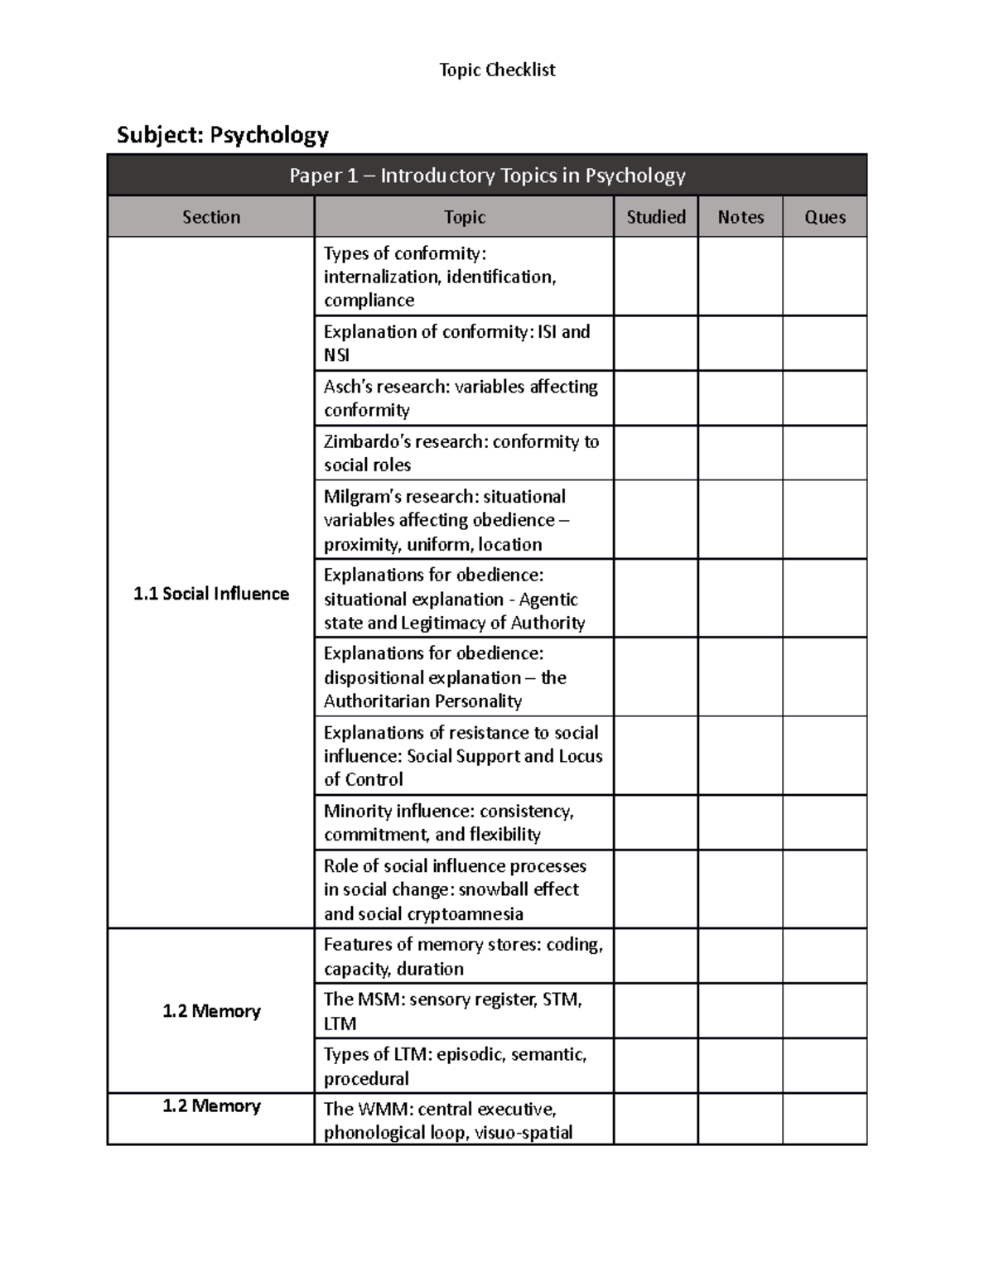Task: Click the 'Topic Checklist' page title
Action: [497, 70]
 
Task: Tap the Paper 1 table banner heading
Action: [487, 176]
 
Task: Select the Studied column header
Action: [655, 217]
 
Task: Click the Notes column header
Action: [741, 217]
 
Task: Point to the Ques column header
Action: [825, 217]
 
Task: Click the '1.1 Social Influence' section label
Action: [211, 594]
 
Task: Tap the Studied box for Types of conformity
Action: [655, 277]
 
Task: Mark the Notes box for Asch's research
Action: [741, 398]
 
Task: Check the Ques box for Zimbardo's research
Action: [825, 453]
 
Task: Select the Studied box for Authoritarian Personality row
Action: [655, 677]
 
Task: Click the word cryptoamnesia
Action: [471, 914]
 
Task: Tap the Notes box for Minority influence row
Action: [741, 822]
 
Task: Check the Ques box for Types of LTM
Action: [825, 1066]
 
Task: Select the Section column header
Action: [211, 217]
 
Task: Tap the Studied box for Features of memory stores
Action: [655, 956]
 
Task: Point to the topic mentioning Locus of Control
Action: [463, 756]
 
